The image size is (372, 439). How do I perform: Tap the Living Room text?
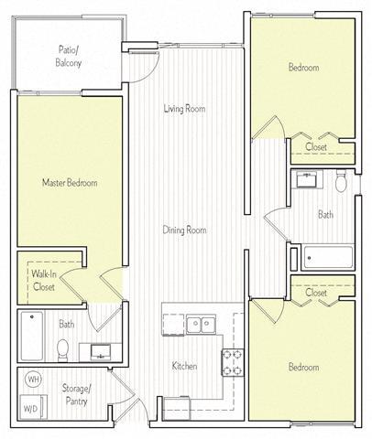point(184,109)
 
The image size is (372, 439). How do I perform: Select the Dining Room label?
point(184,230)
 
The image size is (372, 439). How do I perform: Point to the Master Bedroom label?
point(70,182)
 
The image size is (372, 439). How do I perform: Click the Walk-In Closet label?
point(43,280)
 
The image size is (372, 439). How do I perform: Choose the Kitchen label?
point(184,366)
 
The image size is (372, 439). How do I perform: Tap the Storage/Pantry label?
point(75,393)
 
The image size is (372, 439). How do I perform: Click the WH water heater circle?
point(33,379)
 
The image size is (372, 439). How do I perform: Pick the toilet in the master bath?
point(63,348)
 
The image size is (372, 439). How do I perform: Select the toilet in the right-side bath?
point(341,183)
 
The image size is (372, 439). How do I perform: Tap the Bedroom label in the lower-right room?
point(304,367)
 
